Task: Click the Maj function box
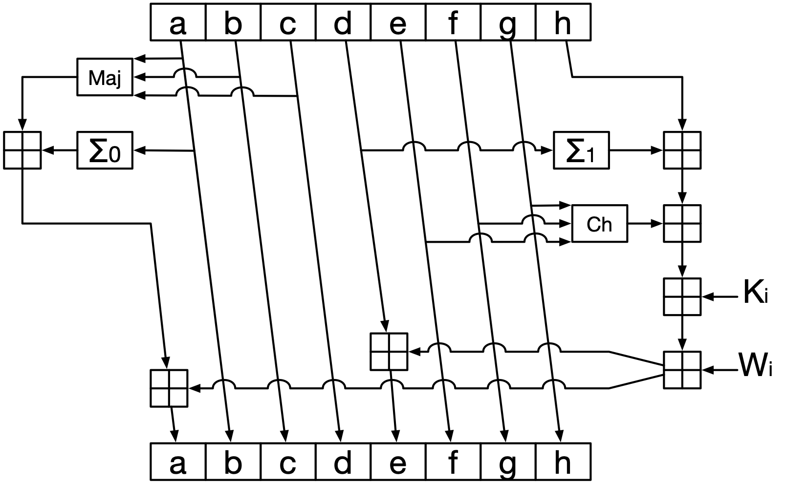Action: click(105, 77)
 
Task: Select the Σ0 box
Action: click(105, 150)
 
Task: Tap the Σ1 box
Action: click(581, 150)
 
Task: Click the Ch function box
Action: click(599, 224)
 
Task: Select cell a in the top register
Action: click(178, 23)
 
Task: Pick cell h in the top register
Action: click(563, 23)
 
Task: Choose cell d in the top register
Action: click(343, 23)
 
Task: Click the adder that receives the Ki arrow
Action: click(682, 296)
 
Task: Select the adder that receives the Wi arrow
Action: click(682, 370)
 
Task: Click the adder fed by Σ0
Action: click(22, 150)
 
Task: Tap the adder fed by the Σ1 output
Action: click(682, 150)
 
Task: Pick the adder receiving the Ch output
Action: click(682, 224)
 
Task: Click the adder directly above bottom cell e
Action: click(389, 352)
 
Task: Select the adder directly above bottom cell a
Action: click(169, 388)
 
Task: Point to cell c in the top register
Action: click(288, 23)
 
